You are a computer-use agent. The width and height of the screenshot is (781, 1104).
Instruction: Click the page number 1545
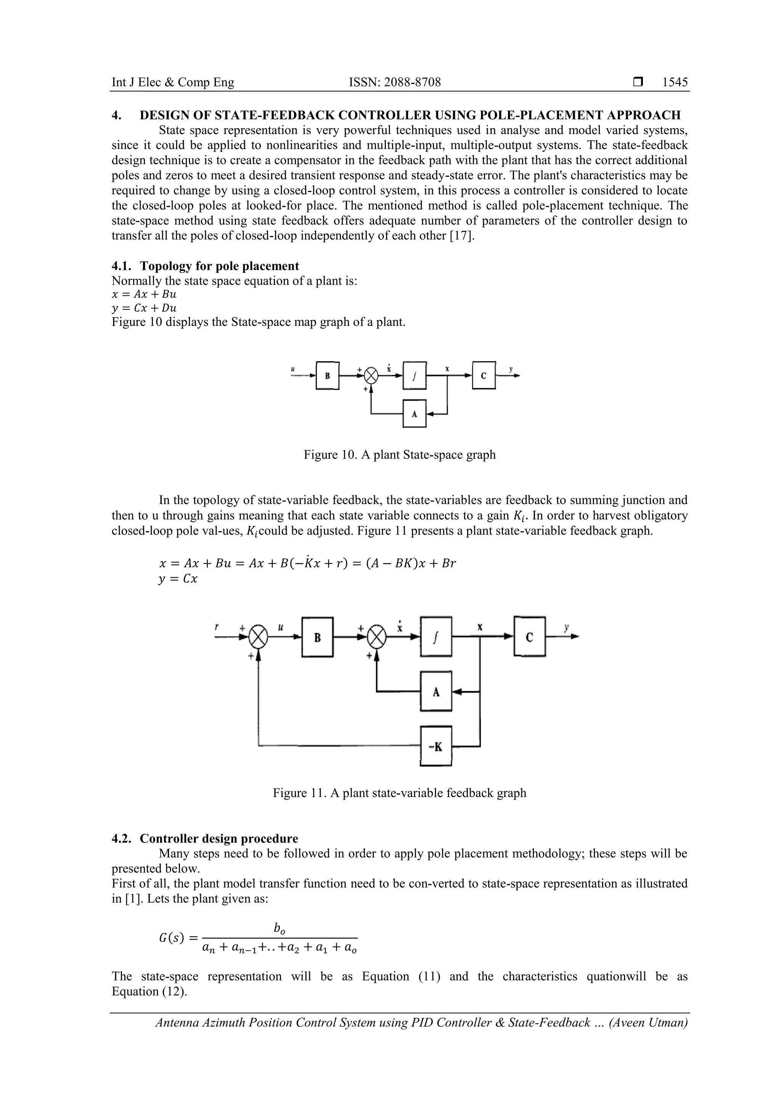[x=675, y=82]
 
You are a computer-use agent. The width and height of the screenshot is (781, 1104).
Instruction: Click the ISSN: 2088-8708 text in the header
[x=395, y=82]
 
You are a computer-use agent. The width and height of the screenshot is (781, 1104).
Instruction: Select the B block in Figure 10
[x=327, y=375]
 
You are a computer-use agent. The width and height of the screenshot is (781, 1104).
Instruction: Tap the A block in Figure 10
[x=414, y=413]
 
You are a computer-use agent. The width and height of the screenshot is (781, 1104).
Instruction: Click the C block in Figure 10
[x=484, y=375]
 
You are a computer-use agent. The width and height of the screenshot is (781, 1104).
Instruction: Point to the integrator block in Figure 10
[x=414, y=375]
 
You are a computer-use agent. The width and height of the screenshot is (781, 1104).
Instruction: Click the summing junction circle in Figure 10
[x=371, y=375]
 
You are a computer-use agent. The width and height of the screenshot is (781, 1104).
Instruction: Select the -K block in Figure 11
[x=436, y=746]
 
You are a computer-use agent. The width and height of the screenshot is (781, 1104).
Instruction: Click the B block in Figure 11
[x=318, y=637]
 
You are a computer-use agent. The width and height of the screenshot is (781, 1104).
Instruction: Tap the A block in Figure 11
[x=436, y=691]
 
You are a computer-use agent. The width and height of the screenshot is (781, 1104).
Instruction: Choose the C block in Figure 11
[x=529, y=637]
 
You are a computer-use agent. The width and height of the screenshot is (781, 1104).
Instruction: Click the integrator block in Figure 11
[x=436, y=637]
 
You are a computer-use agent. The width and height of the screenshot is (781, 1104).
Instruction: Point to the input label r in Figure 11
[x=217, y=628]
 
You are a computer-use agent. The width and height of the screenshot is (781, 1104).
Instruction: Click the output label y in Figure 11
[x=566, y=628]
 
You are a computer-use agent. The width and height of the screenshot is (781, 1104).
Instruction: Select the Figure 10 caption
[x=399, y=454]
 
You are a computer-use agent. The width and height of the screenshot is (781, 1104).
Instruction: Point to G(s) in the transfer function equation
[x=171, y=937]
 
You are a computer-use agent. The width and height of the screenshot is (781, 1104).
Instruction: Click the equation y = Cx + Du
[x=144, y=308]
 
